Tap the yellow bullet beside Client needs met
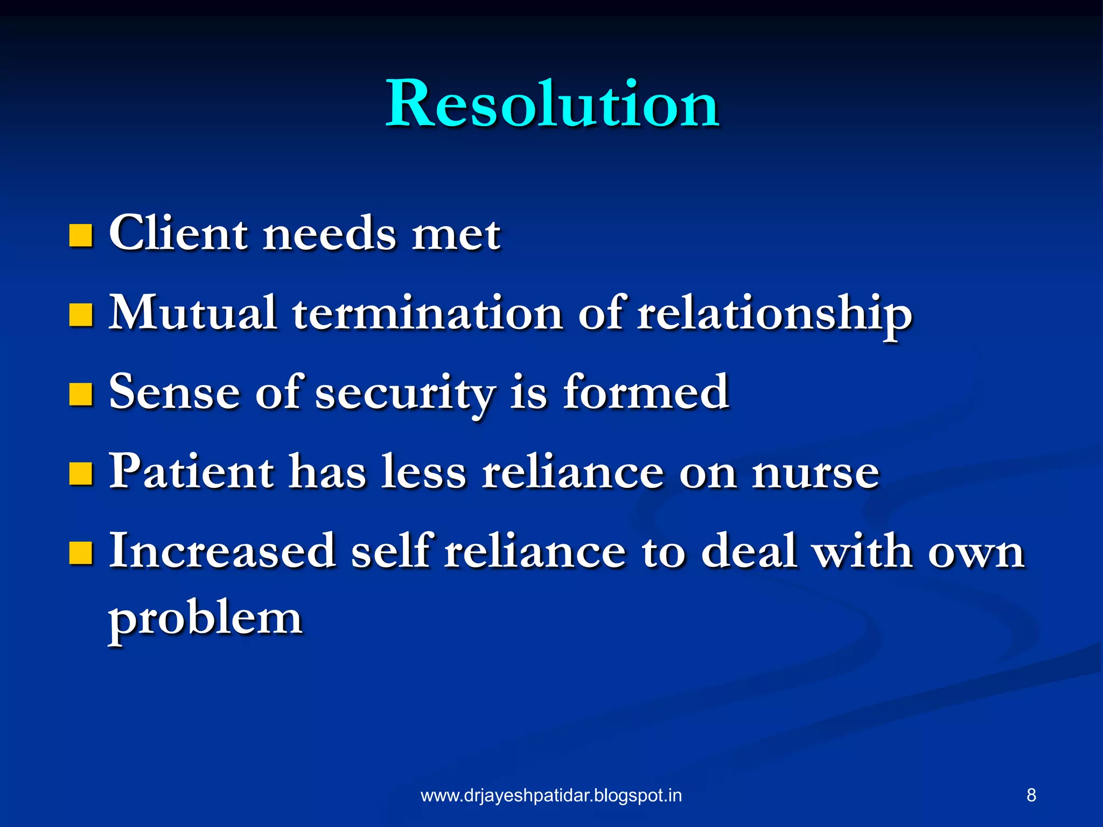(x=81, y=235)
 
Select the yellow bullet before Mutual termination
(x=81, y=315)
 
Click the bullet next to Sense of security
(x=81, y=394)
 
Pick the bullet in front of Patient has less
(x=81, y=473)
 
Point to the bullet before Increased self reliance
(x=81, y=552)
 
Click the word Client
(x=178, y=233)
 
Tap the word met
(x=456, y=235)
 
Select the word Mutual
(x=193, y=313)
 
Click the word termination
(x=428, y=314)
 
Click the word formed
(x=646, y=392)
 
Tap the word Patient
(x=191, y=472)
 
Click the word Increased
(x=222, y=551)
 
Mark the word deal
(x=749, y=551)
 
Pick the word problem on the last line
(x=205, y=619)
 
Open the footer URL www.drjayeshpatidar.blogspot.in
(x=551, y=795)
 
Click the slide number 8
(x=1031, y=795)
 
